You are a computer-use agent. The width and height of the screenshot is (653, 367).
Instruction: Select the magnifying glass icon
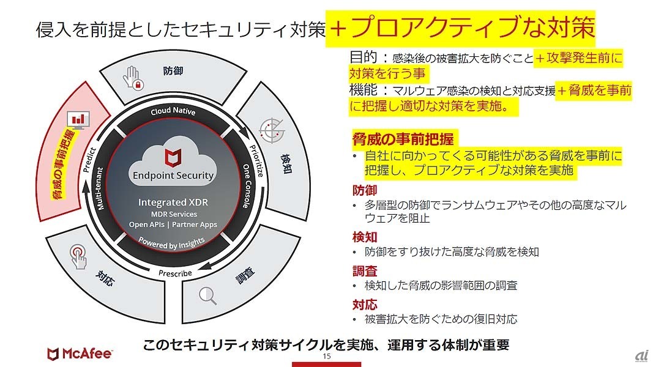[207, 295]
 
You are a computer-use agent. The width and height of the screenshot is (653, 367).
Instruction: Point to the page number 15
[326, 356]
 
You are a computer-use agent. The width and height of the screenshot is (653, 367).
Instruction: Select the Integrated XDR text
[174, 202]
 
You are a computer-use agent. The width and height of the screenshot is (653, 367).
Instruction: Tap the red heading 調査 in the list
[365, 271]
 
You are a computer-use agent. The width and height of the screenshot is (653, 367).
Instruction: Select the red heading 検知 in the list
[365, 237]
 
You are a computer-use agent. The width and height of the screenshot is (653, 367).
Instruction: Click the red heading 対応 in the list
[365, 305]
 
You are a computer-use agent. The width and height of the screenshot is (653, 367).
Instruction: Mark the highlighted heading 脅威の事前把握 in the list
[403, 138]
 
